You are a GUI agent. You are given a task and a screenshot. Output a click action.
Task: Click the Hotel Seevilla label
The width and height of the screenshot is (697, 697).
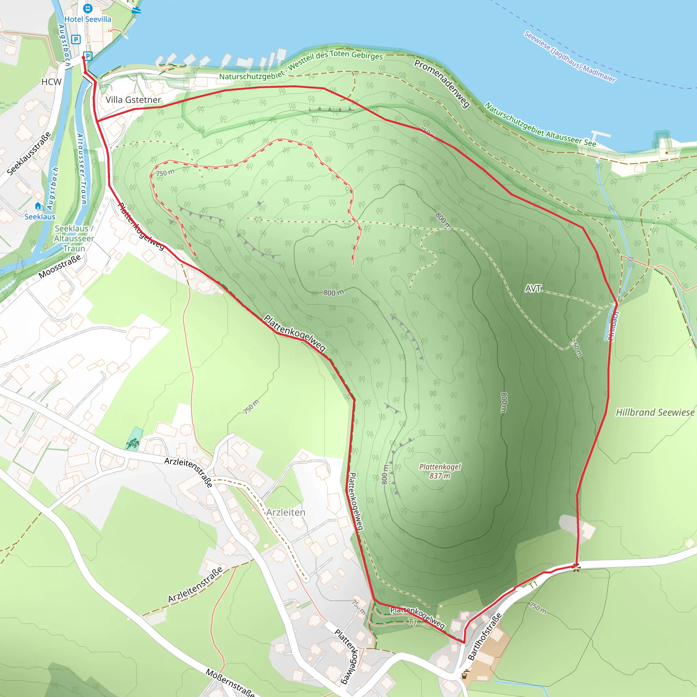click(88, 19)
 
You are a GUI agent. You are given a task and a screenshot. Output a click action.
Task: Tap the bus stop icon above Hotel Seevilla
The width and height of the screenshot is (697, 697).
click(88, 8)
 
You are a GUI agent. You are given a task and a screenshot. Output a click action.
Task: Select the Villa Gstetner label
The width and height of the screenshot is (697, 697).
click(133, 100)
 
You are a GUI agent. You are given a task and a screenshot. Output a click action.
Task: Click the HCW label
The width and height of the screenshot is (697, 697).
click(51, 82)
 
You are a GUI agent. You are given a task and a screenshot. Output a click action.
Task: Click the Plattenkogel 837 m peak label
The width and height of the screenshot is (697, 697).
click(440, 471)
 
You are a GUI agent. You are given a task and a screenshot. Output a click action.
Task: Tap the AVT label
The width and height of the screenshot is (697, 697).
click(533, 289)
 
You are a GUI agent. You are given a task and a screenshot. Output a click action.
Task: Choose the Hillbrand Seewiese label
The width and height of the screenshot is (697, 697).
click(655, 412)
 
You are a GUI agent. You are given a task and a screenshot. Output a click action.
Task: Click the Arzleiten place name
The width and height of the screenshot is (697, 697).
click(286, 512)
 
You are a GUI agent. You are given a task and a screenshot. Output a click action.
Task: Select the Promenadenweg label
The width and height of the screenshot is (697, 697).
click(442, 84)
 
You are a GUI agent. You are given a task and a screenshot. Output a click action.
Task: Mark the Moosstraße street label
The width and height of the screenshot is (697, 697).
click(60, 266)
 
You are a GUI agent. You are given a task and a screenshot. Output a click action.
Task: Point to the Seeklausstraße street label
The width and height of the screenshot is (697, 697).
click(29, 154)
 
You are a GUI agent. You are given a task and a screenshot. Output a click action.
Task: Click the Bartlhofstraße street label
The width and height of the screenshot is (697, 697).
click(485, 636)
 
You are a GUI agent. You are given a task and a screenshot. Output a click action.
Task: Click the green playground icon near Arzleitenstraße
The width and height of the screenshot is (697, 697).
click(133, 443)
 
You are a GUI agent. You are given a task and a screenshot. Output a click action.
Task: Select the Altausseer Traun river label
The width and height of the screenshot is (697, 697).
click(82, 169)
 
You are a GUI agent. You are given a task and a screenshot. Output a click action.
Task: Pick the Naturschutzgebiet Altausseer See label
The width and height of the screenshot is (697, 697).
click(540, 125)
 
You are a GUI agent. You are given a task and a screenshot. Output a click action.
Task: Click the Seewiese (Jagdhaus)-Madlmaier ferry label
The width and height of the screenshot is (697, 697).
click(570, 56)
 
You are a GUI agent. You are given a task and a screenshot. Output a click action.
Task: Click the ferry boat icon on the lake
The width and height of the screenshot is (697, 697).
click(136, 10)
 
